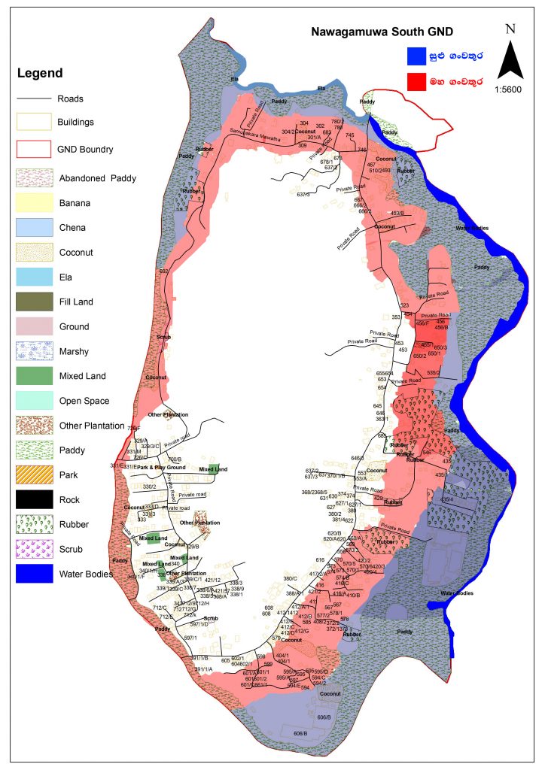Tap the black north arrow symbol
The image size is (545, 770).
(x=511, y=59)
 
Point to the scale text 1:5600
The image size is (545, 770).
(x=510, y=89)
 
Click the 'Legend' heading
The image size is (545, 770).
(x=40, y=73)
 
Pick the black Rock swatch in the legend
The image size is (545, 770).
(x=35, y=499)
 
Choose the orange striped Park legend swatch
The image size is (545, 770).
(x=35, y=474)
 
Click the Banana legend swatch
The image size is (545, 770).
(x=35, y=202)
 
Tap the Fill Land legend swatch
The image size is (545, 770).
(x=35, y=302)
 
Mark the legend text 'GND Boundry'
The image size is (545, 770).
(x=85, y=149)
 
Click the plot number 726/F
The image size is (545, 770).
(x=134, y=428)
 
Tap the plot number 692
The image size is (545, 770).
(x=163, y=271)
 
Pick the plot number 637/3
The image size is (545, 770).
(x=303, y=195)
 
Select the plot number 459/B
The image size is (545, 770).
(x=397, y=214)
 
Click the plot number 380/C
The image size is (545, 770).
(x=291, y=577)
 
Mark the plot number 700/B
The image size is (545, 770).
(x=175, y=459)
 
